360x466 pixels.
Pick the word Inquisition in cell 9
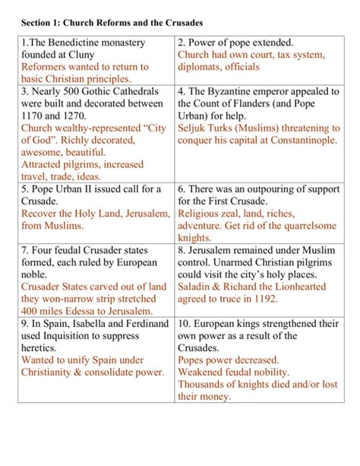(75, 335)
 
